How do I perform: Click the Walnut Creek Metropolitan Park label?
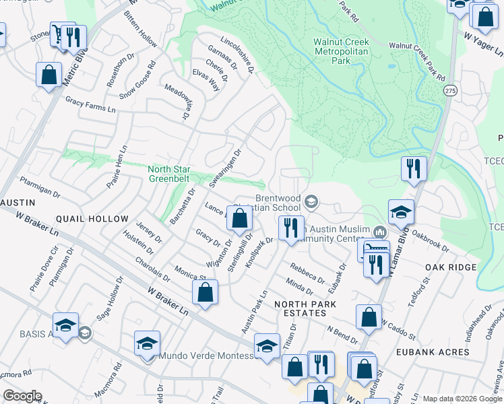click(x=342, y=50)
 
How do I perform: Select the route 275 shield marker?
click(x=449, y=90)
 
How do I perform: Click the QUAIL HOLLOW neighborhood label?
click(x=92, y=219)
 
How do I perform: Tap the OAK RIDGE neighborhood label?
click(x=451, y=267)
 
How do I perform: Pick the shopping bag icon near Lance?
click(x=239, y=217)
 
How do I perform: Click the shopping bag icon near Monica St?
click(x=206, y=292)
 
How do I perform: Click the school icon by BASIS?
click(x=66, y=325)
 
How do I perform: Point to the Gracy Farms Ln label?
click(x=90, y=104)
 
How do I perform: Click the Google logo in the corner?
click(x=22, y=396)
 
